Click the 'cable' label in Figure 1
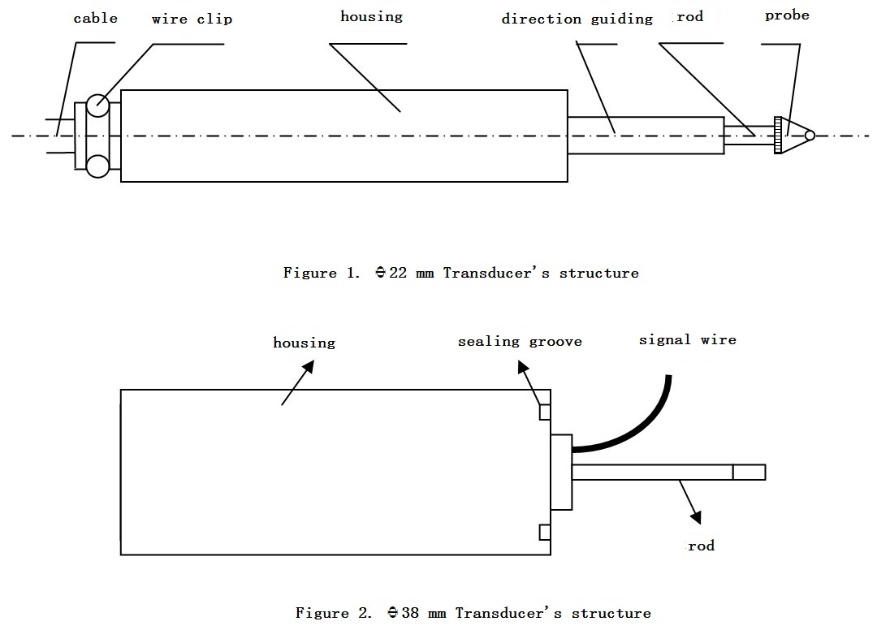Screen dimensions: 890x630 pyautogui.click(x=95, y=18)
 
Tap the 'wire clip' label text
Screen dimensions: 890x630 pyautogui.click(x=192, y=19)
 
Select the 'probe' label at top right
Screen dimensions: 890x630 pyautogui.click(x=787, y=15)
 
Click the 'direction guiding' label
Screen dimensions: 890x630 pyautogui.click(x=577, y=19)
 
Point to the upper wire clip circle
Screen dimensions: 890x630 pyautogui.click(x=97, y=106)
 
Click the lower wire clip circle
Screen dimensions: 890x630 pyautogui.click(x=97, y=166)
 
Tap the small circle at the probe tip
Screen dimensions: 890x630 pyautogui.click(x=810, y=136)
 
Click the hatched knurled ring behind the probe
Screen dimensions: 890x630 pyautogui.click(x=778, y=135)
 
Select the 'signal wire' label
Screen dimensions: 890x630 pyautogui.click(x=687, y=340)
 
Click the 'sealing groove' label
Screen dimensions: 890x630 pyautogui.click(x=520, y=341)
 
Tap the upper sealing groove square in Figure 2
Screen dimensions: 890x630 pyautogui.click(x=545, y=412)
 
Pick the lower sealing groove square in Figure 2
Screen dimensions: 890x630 pyautogui.click(x=545, y=532)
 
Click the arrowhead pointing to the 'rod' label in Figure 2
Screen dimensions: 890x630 pyautogui.click(x=696, y=516)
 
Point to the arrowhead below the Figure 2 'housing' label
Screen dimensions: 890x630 pyautogui.click(x=308, y=367)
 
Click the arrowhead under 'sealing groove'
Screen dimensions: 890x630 pyautogui.click(x=523, y=367)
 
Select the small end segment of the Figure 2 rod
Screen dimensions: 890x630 pyautogui.click(x=750, y=472)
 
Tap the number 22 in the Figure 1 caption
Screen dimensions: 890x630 pyautogui.click(x=398, y=273)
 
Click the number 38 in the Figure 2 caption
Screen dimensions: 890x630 pyautogui.click(x=410, y=613)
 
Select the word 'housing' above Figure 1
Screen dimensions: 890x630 pyautogui.click(x=371, y=17)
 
